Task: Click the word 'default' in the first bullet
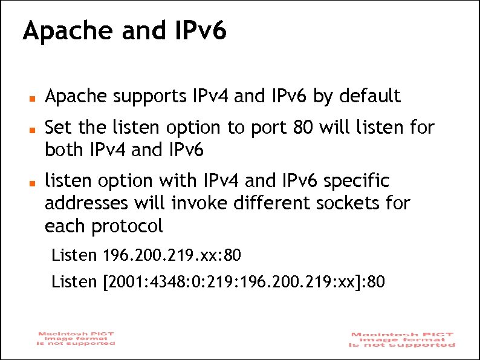[x=369, y=96]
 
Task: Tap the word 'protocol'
[x=128, y=226]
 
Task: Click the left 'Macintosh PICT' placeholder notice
[x=76, y=338]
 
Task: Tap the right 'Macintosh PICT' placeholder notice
[x=402, y=339]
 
